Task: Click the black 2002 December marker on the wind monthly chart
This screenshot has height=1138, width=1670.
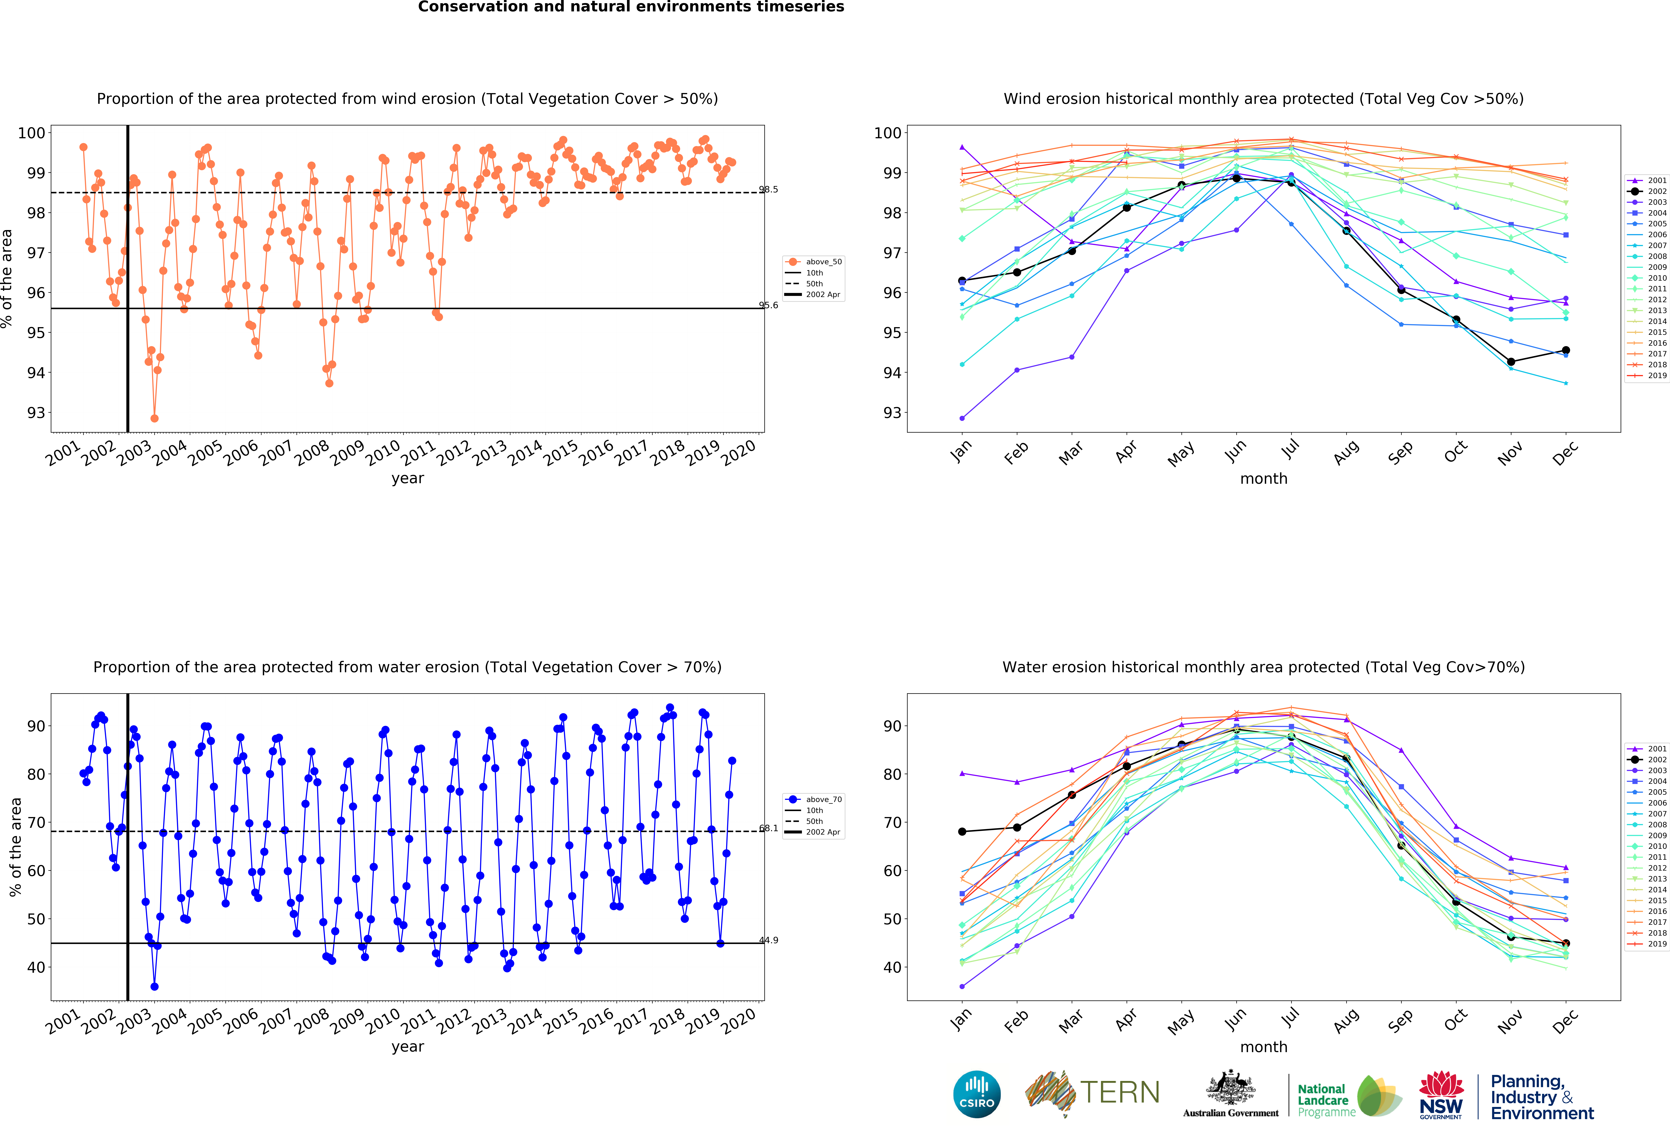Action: coord(1566,351)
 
